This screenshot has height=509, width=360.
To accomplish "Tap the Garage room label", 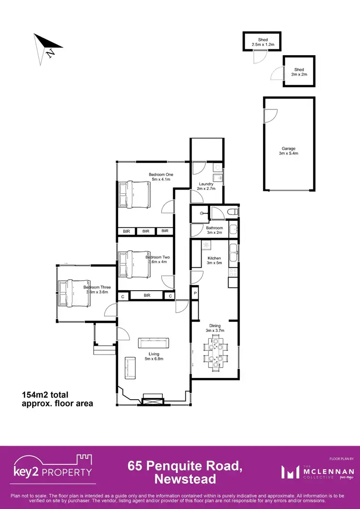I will click(288, 151).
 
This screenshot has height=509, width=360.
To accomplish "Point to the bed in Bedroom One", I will click(134, 195).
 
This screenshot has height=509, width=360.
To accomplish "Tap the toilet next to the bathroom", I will click(231, 212).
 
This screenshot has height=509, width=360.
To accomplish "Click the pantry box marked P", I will click(195, 293).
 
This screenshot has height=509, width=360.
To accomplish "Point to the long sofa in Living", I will click(154, 343).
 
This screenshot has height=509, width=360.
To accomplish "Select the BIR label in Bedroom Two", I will click(147, 296).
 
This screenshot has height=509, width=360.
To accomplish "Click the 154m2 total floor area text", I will click(57, 399).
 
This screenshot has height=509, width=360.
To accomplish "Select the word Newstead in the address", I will click(185, 478).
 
